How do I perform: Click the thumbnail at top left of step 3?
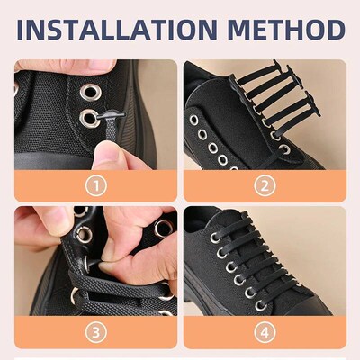coord(36,220)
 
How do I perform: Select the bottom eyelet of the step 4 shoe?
coord(262,304)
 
